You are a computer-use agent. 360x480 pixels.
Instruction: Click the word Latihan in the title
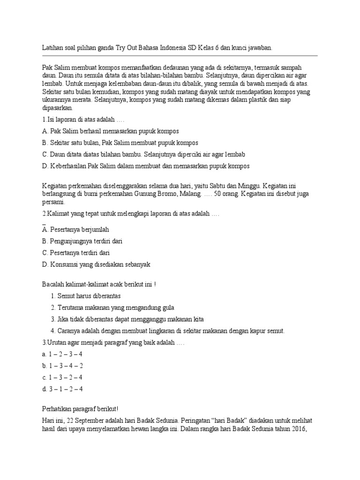point(53,48)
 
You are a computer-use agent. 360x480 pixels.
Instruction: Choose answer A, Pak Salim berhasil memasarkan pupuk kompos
point(110,131)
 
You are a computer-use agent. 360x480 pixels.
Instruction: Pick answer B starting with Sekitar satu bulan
point(120,142)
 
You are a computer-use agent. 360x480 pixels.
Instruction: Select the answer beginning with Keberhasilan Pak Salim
point(145,165)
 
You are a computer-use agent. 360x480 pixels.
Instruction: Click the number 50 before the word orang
point(217,193)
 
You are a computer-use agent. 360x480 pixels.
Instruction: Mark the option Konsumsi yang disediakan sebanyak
point(96,264)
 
